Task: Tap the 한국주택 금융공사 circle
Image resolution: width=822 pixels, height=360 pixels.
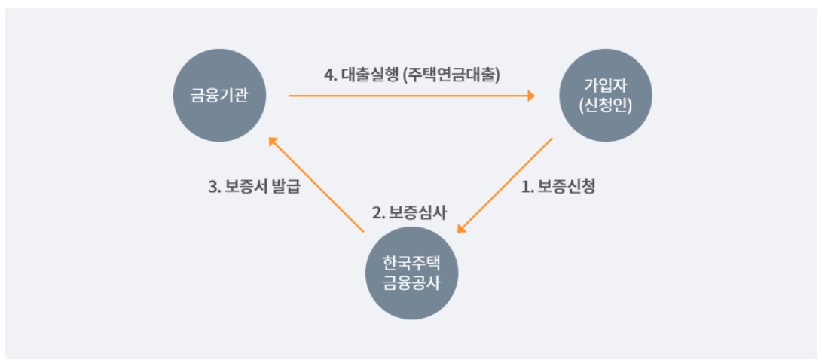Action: [x=411, y=273]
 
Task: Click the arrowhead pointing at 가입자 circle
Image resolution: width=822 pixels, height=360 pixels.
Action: [x=530, y=96]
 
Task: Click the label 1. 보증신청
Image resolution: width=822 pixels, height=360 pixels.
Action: [x=558, y=187]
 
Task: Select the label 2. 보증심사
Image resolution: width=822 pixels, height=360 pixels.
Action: [x=410, y=212]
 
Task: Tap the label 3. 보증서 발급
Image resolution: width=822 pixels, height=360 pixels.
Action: [x=254, y=187]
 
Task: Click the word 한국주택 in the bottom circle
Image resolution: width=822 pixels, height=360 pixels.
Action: [x=411, y=263]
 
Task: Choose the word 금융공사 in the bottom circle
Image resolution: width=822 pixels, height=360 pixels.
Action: [x=411, y=282]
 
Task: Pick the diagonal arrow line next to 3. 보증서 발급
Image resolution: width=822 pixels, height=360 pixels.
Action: [x=319, y=185]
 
